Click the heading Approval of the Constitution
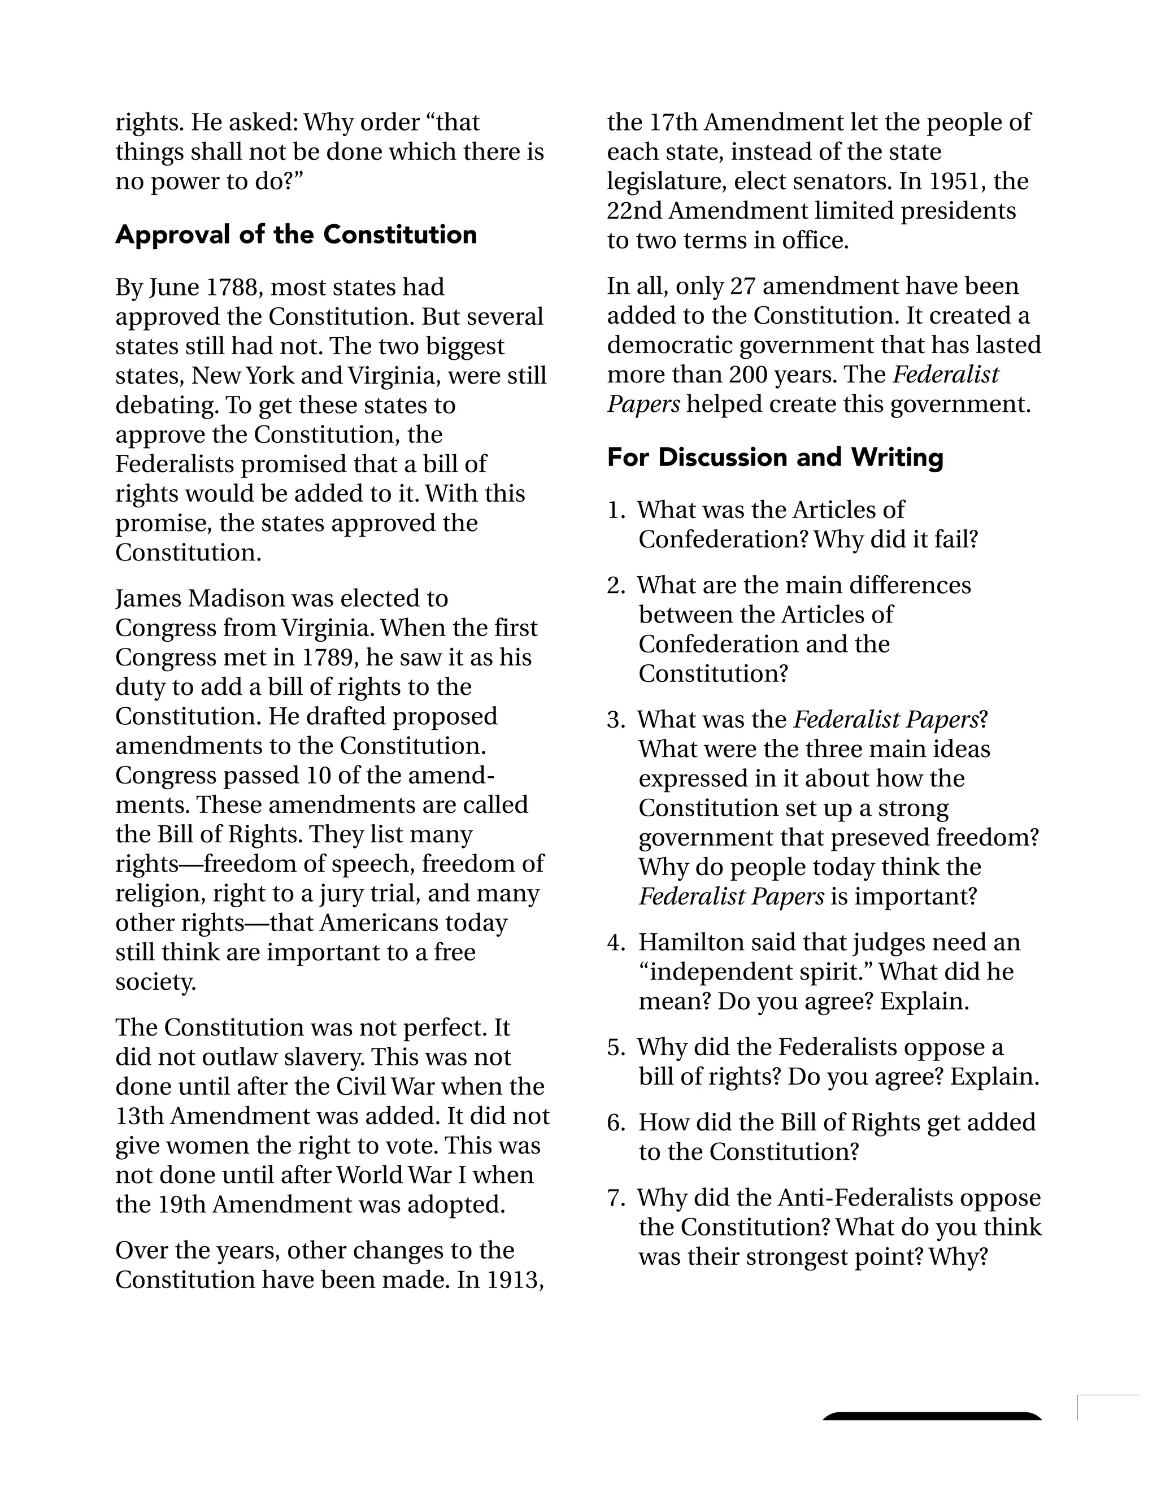point(295,234)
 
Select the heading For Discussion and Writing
point(775,457)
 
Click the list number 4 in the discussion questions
point(614,942)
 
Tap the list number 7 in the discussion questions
point(614,1198)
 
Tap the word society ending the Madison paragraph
point(155,982)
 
